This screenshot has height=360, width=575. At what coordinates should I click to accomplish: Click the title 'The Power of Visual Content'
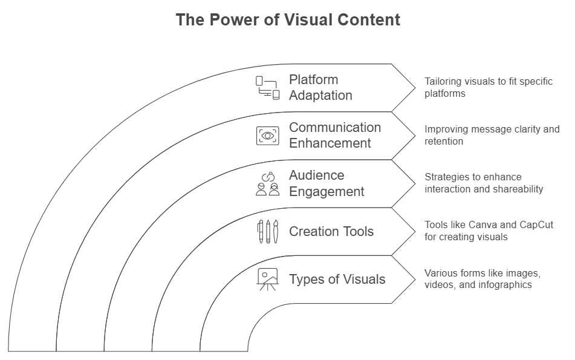pos(288,20)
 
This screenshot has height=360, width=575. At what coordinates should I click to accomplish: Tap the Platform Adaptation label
pos(320,88)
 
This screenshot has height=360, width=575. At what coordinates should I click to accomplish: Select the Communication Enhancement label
pos(335,136)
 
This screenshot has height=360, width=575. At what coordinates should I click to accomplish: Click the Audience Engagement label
pos(326,183)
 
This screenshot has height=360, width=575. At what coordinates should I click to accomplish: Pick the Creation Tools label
pos(331,231)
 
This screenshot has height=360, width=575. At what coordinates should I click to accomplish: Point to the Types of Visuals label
pos(337,279)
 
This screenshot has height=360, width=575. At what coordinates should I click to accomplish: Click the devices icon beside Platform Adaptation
pos(267,88)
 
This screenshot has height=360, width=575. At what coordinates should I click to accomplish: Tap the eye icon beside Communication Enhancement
pos(267,136)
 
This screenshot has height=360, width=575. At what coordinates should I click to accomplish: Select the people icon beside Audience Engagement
pos(267,184)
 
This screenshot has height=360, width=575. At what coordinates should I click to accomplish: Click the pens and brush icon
pos(267,232)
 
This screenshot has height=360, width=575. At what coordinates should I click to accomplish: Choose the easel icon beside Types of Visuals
pos(267,279)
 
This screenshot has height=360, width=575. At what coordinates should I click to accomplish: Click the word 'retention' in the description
pos(444,141)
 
